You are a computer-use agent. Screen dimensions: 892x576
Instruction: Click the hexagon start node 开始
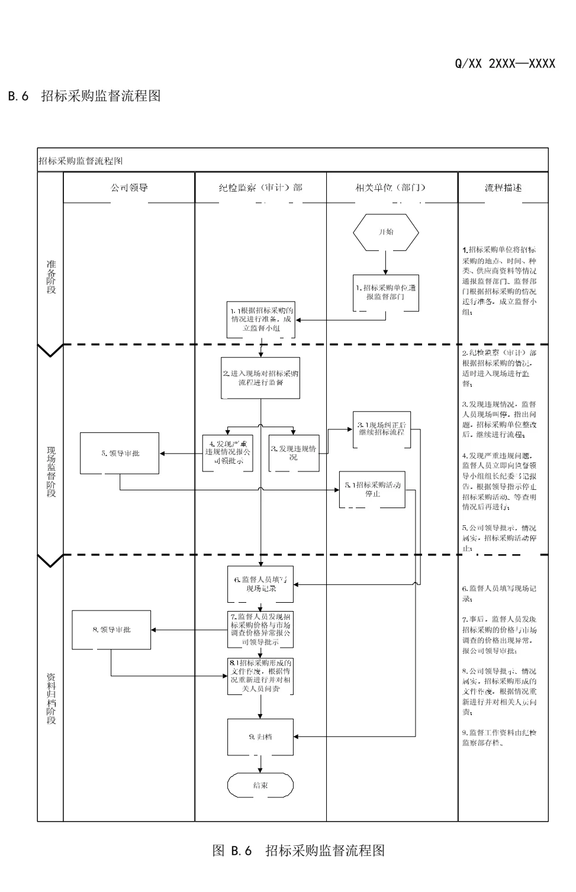pos(385,232)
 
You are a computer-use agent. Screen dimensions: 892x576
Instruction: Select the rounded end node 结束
pos(260,786)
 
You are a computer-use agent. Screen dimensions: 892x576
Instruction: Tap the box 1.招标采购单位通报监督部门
pos(385,292)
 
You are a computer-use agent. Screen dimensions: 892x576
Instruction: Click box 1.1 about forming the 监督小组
pos(261,319)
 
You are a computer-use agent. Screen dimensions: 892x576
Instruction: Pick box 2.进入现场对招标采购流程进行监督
pos(260,378)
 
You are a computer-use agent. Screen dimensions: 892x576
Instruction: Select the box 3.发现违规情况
pos(294,453)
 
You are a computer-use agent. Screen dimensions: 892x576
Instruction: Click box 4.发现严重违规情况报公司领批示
pos(227,453)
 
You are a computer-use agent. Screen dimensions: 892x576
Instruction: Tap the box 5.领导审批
pos(120,453)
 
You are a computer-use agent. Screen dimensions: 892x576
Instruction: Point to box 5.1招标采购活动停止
pos(372,489)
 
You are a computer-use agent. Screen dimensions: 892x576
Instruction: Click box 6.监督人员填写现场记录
pos(260,584)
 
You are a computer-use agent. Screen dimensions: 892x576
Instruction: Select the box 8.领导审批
pos(111,630)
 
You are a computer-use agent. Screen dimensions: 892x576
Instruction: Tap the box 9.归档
pos(260,737)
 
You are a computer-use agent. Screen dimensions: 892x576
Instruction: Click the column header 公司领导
pos(129,188)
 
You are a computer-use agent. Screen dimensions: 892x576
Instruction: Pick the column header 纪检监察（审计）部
pos(260,188)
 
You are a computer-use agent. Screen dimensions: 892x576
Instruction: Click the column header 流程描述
pos(503,188)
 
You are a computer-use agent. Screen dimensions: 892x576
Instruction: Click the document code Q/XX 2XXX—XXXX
pos(504,64)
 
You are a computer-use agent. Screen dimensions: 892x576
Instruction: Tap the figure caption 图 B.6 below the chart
pos(298,851)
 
